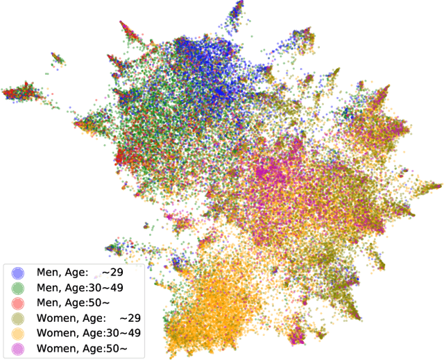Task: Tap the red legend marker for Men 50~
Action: pos(19,303)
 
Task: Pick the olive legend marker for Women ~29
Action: pos(19,318)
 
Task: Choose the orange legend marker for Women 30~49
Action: pos(19,333)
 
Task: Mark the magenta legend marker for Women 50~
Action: pos(19,348)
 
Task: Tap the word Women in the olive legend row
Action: pos(55,318)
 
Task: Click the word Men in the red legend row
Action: pos(48,303)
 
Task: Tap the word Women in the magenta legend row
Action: pos(55,348)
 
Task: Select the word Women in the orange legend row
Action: pos(55,333)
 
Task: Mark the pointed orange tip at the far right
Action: pos(435,186)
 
